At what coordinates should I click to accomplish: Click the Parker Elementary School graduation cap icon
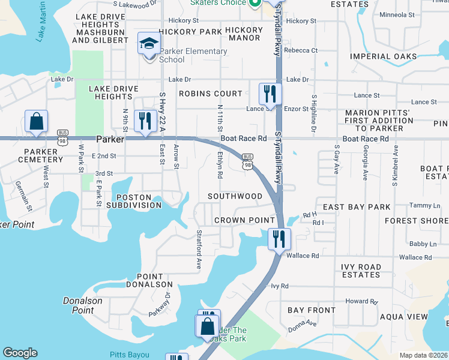148,44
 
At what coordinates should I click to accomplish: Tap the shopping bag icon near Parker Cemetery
37,121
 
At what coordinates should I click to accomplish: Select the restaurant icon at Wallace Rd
279,239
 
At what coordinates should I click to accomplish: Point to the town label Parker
110,139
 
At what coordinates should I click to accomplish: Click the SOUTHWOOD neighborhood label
235,196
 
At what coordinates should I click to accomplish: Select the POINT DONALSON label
149,280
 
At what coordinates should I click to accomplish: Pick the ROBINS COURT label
211,94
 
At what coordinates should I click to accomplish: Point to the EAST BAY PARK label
357,207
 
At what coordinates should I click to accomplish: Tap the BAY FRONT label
312,310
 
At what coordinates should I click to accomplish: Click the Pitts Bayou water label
128,355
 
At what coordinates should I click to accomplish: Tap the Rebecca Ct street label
301,50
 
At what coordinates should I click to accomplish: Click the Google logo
20,353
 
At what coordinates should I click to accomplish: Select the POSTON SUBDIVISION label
139,201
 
